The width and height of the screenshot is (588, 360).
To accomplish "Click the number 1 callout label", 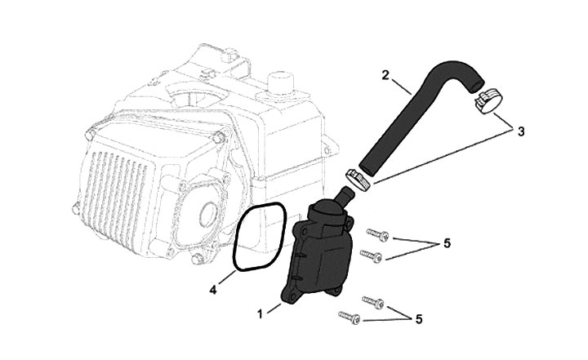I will coord(259,313).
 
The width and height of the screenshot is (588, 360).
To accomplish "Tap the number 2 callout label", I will coord(385,75).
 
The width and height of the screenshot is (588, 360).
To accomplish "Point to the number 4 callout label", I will coord(214,288).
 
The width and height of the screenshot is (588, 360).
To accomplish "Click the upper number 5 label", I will coord(446,244).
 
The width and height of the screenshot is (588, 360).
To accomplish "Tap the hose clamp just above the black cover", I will coord(357,177).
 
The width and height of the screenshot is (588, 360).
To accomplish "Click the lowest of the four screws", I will coord(346,317).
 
